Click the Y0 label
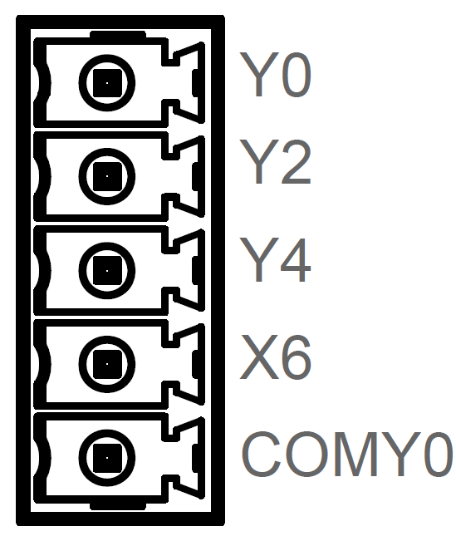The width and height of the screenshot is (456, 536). [275, 75]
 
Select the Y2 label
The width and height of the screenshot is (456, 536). [275, 162]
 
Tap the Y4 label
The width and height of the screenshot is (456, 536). [275, 259]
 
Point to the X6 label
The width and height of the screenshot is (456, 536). [275, 357]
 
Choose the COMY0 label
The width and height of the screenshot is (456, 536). [347, 454]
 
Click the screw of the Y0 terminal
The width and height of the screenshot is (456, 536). [107, 83]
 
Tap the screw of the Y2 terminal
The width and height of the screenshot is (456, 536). [107, 176]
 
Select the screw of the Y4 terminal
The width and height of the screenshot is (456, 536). [107, 270]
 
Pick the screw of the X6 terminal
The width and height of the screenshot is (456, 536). [107, 364]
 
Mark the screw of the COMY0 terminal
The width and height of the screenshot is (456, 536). [107, 458]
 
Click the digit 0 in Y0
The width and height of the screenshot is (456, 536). [295, 75]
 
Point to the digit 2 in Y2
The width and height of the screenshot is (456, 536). [295, 162]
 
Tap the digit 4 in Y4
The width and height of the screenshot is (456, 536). [294, 259]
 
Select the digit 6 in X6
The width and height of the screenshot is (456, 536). [295, 357]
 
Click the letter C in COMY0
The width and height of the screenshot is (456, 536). [261, 454]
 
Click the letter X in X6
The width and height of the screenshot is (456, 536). [258, 357]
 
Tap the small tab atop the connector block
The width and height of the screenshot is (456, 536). [118, 34]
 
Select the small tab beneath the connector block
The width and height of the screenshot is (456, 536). [118, 506]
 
